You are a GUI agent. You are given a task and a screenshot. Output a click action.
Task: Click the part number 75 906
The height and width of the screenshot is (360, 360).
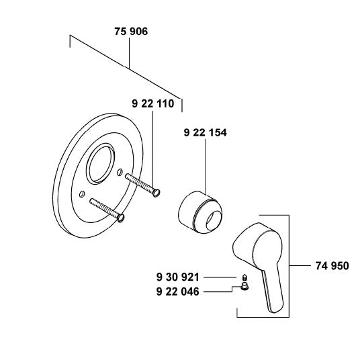point(131,32)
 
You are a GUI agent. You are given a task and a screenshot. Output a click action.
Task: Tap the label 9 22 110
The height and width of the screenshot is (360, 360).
point(153,104)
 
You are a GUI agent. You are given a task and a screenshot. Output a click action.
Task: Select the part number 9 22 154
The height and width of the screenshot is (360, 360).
point(206,133)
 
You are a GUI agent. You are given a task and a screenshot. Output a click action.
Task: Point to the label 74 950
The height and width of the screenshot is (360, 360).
point(332,266)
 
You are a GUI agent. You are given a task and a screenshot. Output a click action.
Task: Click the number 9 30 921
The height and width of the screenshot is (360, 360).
point(178,277)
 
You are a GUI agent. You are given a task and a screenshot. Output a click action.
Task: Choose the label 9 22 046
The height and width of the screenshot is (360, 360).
point(178,291)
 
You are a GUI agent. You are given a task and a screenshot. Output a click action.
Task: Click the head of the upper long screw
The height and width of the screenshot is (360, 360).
point(156,193)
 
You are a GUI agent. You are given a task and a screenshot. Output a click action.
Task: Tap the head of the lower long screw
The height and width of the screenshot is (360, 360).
point(121,218)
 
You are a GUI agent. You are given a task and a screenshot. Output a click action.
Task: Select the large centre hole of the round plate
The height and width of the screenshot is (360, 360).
point(100,164)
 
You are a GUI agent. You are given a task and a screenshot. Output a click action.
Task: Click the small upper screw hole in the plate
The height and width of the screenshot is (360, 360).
point(120,172)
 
